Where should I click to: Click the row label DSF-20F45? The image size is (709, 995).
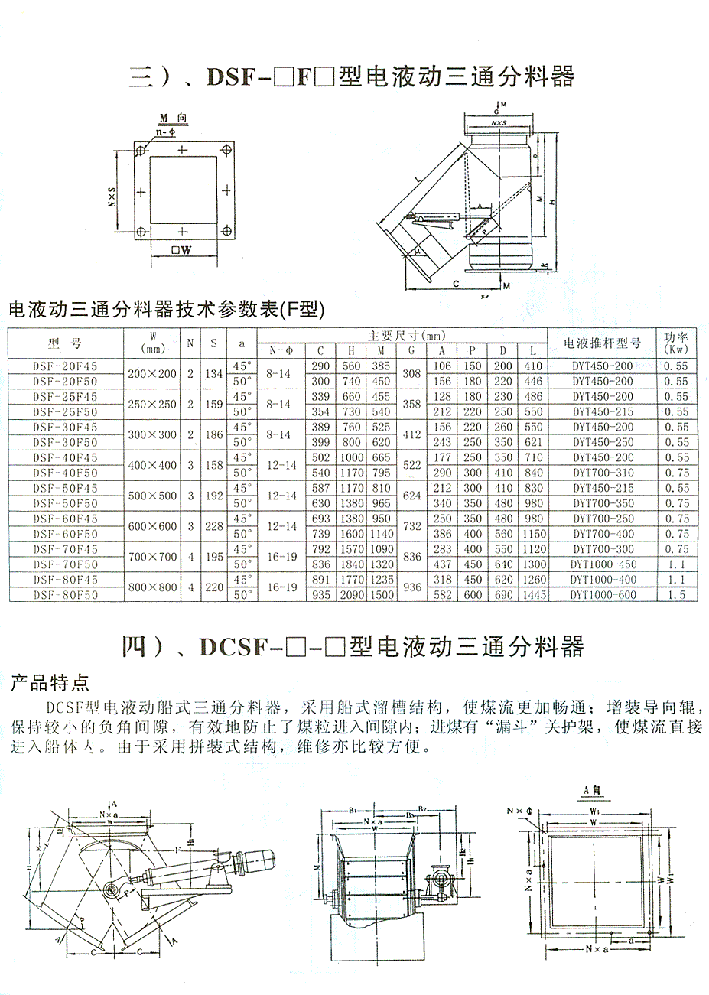[x=65, y=366]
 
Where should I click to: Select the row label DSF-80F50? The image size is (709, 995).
[x=65, y=595]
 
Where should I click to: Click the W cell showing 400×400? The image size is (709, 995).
[x=151, y=465]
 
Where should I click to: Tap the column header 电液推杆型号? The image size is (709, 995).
[x=602, y=343]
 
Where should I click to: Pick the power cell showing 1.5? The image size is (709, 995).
[x=675, y=595]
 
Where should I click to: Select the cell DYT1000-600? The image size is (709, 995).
[x=603, y=595]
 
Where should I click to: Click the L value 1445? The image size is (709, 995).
[x=533, y=595]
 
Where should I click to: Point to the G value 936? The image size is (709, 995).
[x=411, y=587]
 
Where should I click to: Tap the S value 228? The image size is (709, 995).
[x=214, y=526]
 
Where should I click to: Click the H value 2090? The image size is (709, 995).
[x=351, y=595]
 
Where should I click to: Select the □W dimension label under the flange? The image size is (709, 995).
[x=181, y=249]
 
